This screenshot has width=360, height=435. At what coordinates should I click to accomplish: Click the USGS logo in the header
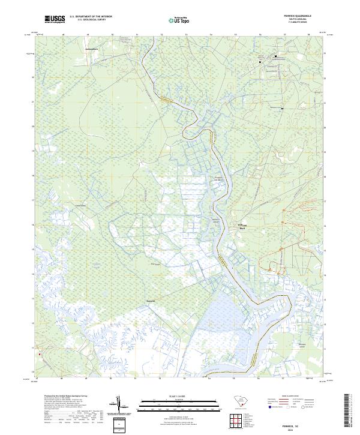[x=55, y=19]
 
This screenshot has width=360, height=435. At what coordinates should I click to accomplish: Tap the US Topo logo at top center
[x=180, y=20]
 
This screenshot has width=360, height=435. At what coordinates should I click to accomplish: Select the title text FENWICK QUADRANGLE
[x=297, y=16]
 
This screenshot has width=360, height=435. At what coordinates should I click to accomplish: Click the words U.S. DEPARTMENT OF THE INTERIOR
[x=91, y=17]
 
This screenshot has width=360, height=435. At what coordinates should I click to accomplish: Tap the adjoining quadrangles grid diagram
[x=240, y=421]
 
